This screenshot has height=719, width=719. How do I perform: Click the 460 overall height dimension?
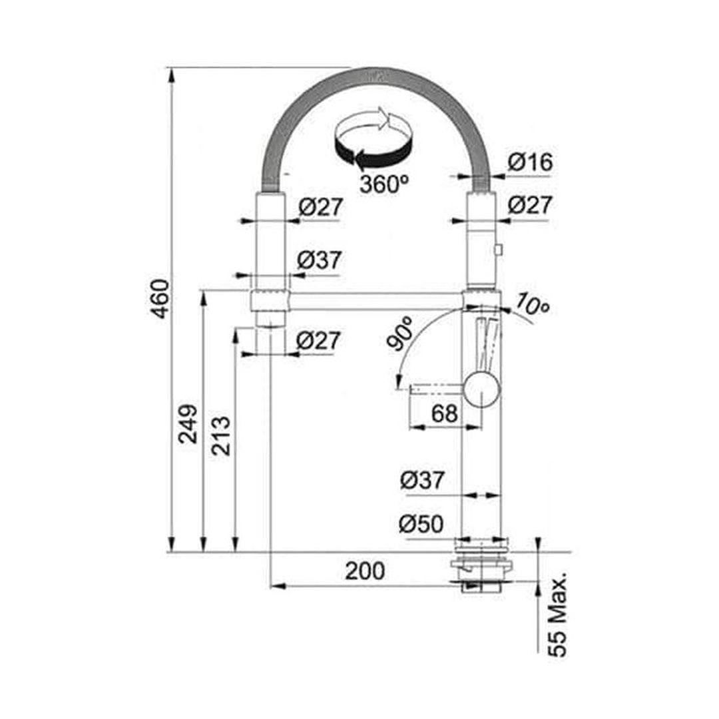tap(160, 298)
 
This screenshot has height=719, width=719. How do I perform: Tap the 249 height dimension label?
tap(188, 423)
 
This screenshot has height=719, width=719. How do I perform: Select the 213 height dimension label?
tap(221, 435)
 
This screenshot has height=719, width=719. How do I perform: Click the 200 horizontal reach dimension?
tap(365, 571)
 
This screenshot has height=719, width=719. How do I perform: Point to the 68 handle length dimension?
tap(444, 413)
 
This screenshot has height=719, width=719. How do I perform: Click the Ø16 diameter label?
tap(531, 162)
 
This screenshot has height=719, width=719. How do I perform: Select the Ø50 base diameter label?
tap(421, 524)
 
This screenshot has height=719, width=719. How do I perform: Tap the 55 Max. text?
tap(558, 614)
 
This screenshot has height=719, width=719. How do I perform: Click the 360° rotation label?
tap(384, 184)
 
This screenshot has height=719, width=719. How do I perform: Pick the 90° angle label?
tap(399, 334)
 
